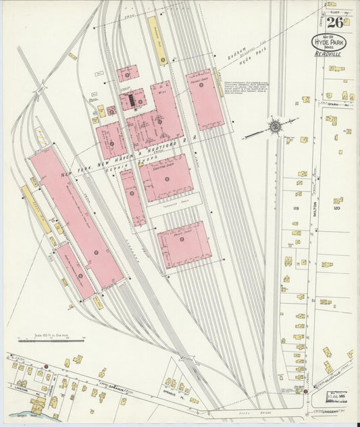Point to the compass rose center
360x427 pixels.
tap(275, 126)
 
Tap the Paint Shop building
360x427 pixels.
tap(184, 244)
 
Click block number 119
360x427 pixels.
tap(295, 208)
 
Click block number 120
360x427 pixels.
tap(337, 208)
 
